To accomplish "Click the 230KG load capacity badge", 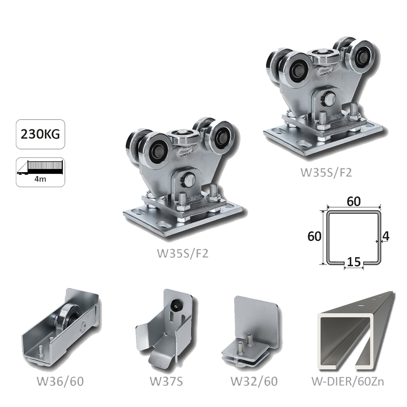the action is click(x=40, y=134).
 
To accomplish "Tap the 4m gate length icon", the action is click(x=40, y=172).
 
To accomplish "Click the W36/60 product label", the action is click(x=60, y=381).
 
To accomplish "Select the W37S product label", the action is click(x=166, y=381).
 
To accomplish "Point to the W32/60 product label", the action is click(x=254, y=381).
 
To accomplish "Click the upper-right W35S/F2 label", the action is click(x=326, y=172).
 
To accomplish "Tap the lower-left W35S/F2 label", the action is click(x=183, y=253).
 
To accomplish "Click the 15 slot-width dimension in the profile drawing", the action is click(x=354, y=262).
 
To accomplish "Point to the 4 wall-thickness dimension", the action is click(x=386, y=236).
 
